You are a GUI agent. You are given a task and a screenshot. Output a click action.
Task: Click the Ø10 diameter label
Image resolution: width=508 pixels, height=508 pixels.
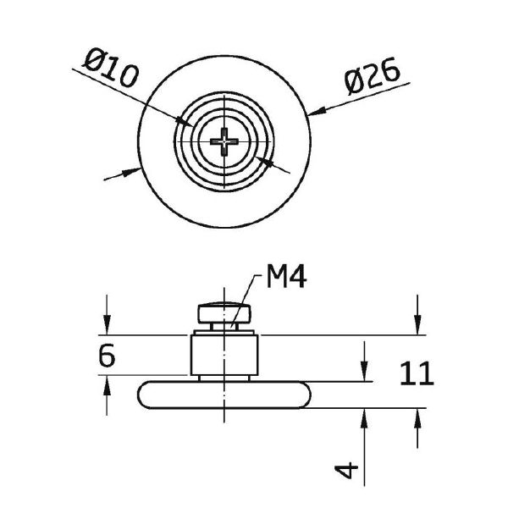(111, 68)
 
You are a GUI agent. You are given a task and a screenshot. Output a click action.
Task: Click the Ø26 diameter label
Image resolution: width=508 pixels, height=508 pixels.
(372, 76)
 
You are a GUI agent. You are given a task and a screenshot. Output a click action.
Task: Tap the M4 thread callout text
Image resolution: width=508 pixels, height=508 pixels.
(286, 276)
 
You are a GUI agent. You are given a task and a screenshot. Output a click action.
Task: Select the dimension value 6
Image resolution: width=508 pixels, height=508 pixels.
(107, 356)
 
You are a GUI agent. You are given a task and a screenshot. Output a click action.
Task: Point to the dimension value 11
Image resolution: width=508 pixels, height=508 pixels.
(417, 373)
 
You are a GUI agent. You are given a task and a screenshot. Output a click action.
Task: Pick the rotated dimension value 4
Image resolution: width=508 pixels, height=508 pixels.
(346, 471)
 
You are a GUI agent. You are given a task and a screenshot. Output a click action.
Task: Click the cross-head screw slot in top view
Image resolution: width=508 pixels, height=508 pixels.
(224, 141)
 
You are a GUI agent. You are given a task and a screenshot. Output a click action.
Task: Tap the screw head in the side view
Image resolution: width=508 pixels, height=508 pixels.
(224, 313)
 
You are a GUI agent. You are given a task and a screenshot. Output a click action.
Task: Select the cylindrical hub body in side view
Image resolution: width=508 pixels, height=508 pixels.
(224, 355)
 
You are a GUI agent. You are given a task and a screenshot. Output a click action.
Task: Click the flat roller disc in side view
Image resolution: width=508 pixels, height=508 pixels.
(224, 395)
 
